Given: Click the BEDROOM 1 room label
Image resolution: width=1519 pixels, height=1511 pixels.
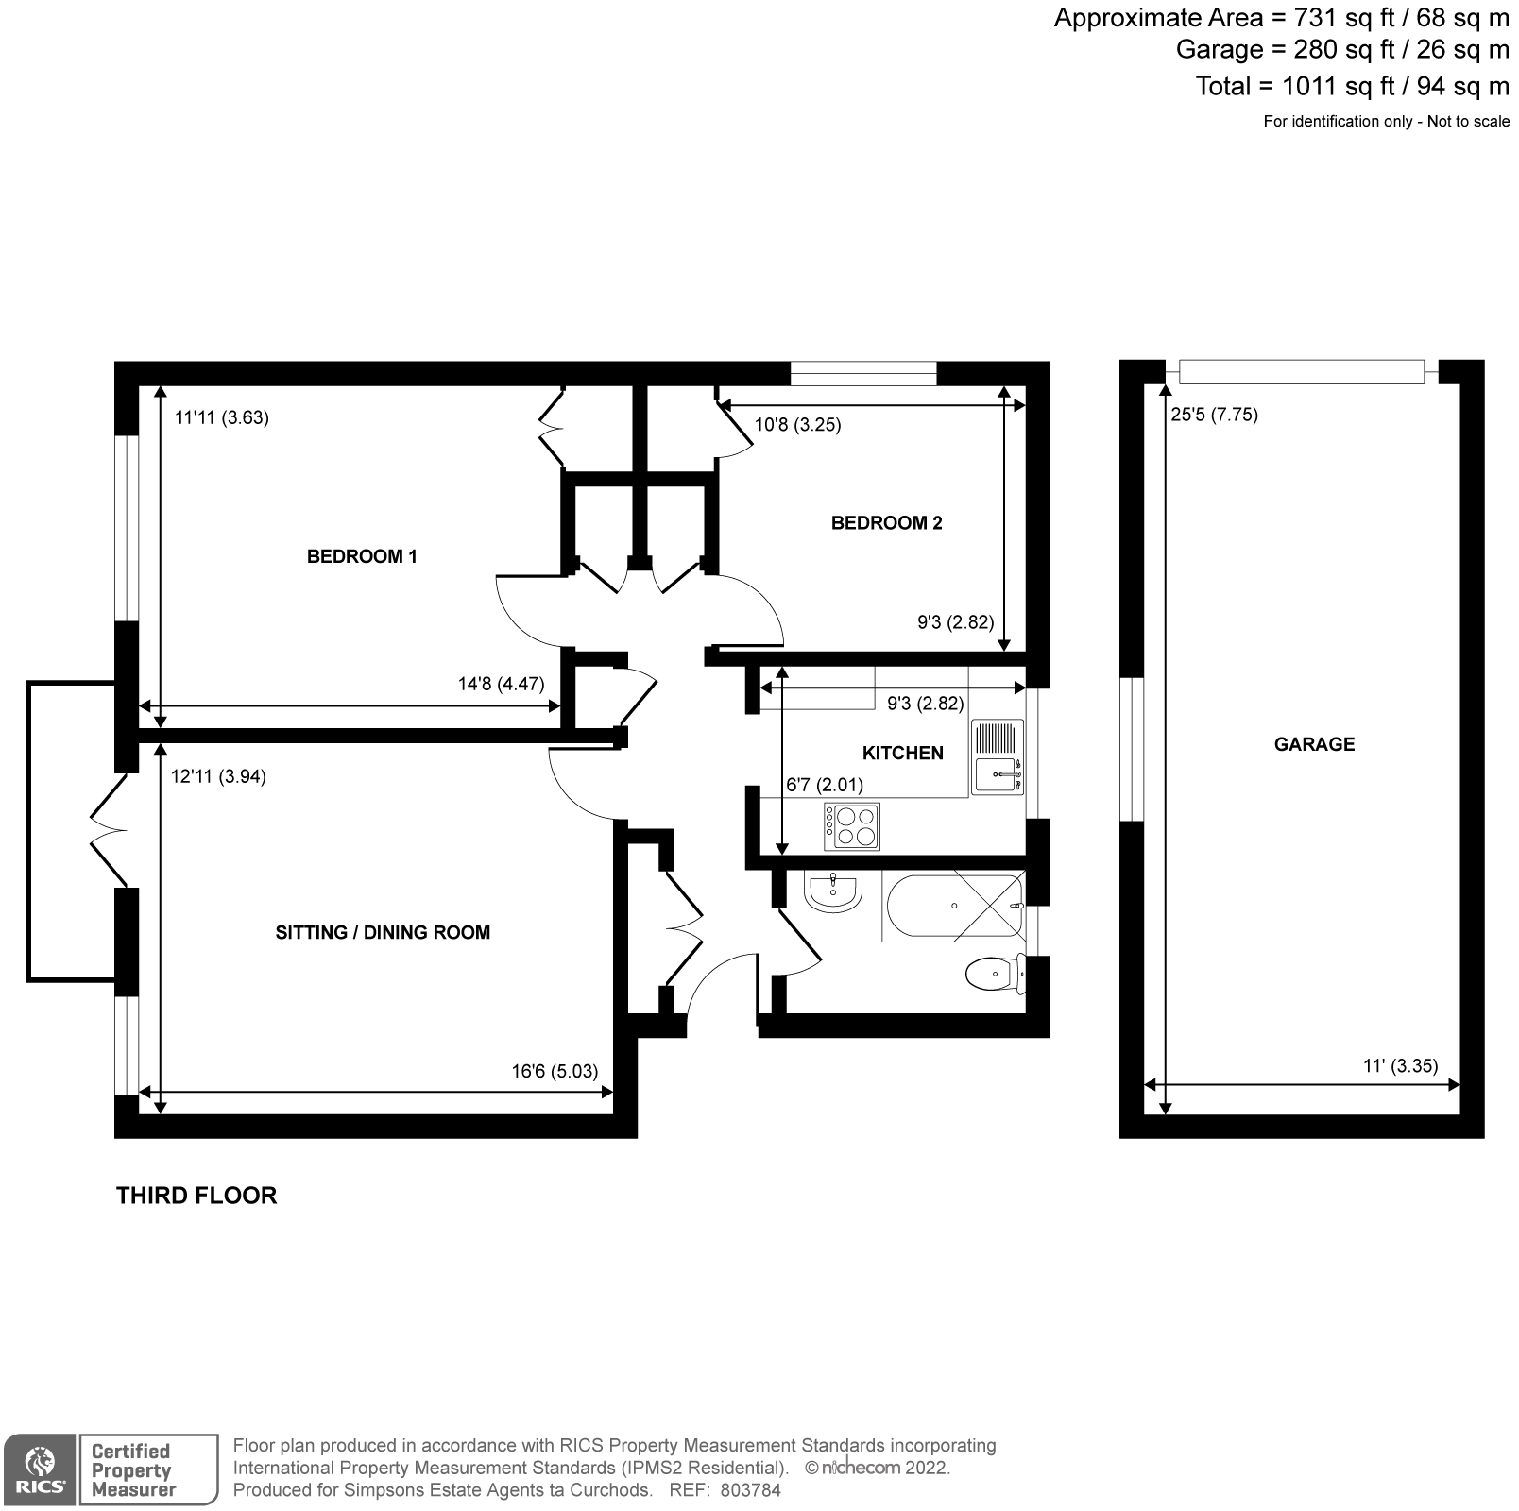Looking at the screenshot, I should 362,556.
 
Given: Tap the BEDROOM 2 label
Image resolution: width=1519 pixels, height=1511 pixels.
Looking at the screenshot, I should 886,523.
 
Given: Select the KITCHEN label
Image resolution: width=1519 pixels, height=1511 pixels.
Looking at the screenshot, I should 902,753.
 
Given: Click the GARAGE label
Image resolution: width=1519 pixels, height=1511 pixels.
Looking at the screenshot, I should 1314,744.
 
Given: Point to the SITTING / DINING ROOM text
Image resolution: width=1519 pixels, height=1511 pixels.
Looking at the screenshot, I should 383,932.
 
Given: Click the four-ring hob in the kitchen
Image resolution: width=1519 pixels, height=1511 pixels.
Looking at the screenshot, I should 852,826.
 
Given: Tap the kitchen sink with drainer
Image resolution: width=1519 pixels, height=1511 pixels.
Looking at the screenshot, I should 998,757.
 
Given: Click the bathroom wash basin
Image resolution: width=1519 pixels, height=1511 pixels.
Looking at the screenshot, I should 832,890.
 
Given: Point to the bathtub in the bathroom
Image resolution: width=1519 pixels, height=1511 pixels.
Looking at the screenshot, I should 952,907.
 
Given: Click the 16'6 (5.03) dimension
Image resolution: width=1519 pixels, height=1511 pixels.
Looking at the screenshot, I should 555,1071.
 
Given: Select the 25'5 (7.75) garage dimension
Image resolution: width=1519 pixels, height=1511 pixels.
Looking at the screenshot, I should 1214,415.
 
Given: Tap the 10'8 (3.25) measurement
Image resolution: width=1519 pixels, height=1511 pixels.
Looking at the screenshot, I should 797,425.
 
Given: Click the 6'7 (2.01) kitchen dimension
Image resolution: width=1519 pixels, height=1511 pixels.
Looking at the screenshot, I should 824,785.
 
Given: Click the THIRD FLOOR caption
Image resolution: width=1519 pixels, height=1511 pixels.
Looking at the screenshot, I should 196,1196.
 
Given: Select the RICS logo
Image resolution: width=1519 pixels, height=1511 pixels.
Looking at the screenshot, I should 39,1469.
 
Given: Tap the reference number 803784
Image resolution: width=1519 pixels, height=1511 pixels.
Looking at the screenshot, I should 750,1490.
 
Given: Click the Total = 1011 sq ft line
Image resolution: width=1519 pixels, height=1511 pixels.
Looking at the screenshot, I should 1351,86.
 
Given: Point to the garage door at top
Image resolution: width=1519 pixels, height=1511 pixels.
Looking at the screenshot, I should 1302,372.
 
